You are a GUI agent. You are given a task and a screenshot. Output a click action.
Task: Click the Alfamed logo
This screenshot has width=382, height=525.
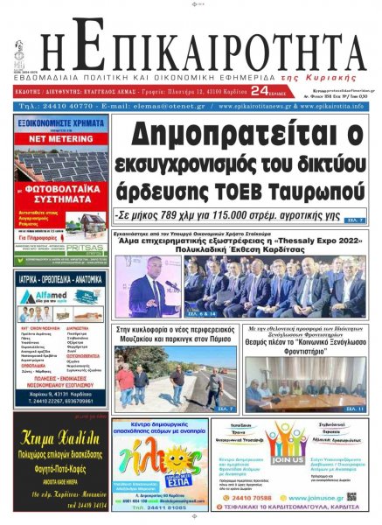pos(45,296)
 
